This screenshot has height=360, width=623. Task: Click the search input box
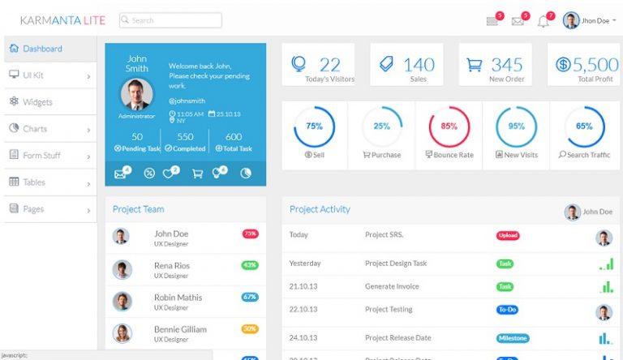pos(170,20)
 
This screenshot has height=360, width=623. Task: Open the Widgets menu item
pos(37,102)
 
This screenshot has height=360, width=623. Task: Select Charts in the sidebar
pos(35,129)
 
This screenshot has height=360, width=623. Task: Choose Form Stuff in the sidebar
pos(41,156)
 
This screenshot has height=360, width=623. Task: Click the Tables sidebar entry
pos(33,182)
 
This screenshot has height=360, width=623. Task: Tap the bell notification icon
pos(543,21)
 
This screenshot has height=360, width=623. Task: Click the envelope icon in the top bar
pos(518,21)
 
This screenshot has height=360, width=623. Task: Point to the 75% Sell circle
pos(314,126)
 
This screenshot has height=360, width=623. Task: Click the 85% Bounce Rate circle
pos(449,126)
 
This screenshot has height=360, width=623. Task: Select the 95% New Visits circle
pos(516,126)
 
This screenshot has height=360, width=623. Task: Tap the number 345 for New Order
pos(507,65)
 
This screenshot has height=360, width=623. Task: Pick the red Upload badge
pos(508,235)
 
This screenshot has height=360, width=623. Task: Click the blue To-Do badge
pos(507,309)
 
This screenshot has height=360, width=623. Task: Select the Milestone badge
pos(513,338)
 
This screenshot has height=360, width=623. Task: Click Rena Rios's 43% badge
pos(250,265)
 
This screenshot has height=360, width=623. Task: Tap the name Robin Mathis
pos(178,298)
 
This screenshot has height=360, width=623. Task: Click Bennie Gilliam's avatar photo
pos(122,332)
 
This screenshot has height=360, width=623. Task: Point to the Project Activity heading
pos(320,209)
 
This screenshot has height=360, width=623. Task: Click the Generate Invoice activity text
pos(392,286)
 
